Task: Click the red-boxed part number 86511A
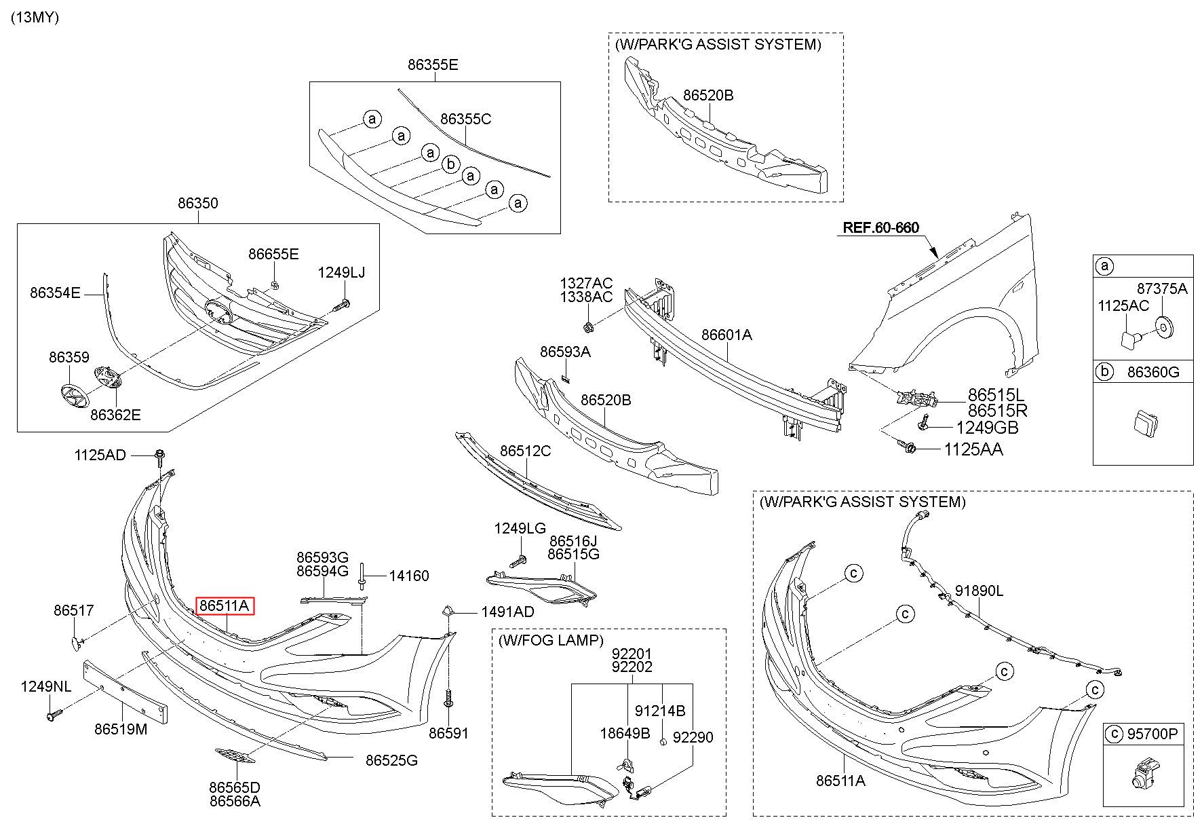(225, 605)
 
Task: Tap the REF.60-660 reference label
(880, 227)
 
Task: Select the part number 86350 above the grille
(198, 203)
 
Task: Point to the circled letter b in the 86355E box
(450, 164)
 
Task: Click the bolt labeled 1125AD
(160, 457)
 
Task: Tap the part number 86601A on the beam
(726, 335)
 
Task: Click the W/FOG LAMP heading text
(550, 640)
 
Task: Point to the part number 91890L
(979, 591)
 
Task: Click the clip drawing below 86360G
(1142, 422)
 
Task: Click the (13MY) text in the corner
(35, 18)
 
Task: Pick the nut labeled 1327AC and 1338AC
(588, 327)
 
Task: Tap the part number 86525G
(391, 760)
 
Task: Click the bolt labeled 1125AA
(907, 447)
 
